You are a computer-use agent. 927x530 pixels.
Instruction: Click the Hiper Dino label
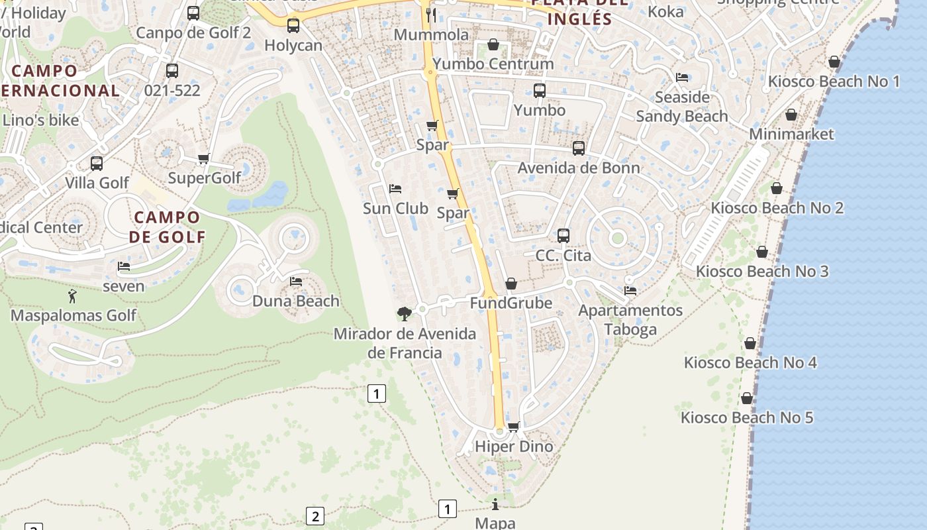click(x=514, y=447)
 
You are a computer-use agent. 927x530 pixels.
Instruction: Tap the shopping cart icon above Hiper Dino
click(x=513, y=427)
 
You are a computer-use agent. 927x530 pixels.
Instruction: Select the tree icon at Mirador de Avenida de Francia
click(x=404, y=313)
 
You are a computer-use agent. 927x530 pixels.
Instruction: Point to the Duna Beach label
click(x=296, y=301)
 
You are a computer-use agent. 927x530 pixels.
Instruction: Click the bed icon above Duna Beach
click(x=296, y=282)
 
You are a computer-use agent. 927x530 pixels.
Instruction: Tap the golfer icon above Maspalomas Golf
click(x=72, y=296)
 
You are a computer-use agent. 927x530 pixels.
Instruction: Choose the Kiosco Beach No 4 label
click(x=750, y=363)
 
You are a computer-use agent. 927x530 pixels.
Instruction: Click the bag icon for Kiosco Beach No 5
click(x=747, y=398)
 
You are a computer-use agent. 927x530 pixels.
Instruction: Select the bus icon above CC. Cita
click(x=563, y=236)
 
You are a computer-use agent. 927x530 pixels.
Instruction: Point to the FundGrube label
click(x=511, y=303)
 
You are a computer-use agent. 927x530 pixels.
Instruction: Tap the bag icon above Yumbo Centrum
click(x=493, y=44)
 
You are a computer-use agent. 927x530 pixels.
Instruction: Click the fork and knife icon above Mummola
click(x=432, y=15)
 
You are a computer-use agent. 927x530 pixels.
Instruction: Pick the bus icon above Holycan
click(x=293, y=26)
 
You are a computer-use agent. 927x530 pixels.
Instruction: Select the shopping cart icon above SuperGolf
click(x=204, y=159)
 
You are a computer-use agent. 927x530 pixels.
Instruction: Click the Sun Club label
click(x=395, y=209)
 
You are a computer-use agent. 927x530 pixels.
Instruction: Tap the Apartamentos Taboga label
click(x=630, y=320)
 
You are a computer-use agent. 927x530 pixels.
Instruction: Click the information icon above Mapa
click(x=495, y=504)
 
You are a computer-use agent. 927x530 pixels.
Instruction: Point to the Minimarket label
click(x=791, y=134)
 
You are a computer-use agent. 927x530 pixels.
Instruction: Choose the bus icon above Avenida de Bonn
click(x=579, y=148)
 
